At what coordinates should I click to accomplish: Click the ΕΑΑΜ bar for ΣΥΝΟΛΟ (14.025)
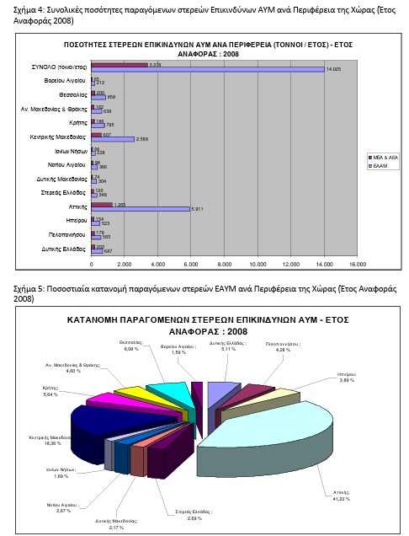tap(206, 68)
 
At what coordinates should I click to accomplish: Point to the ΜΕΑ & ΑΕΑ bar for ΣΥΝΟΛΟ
tap(120, 64)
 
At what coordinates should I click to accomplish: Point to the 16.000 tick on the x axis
tap(357, 265)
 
